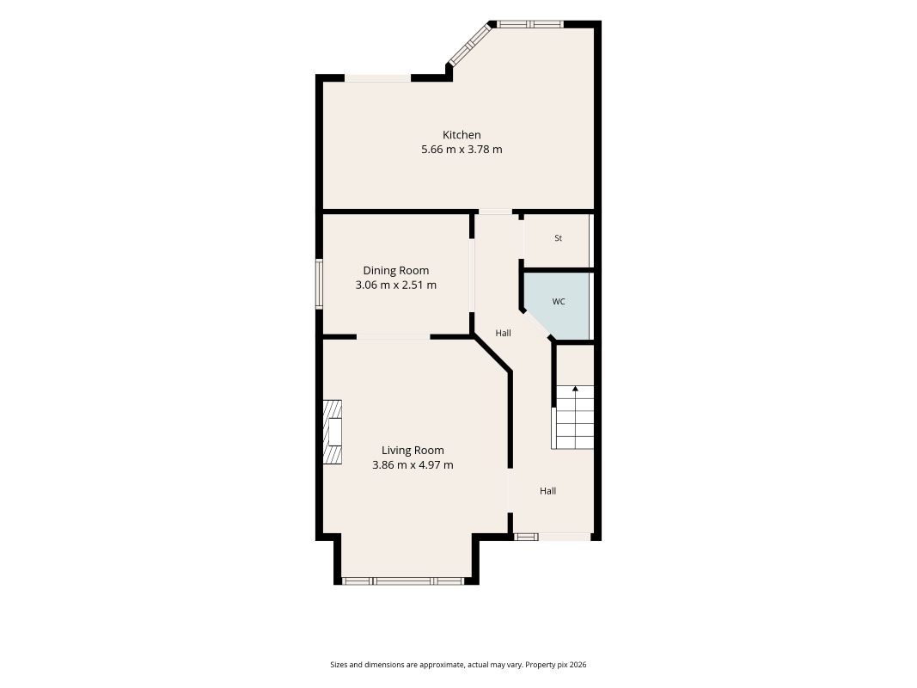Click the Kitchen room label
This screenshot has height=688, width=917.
tap(462, 135)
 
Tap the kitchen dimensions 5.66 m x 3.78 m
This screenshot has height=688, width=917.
tap(462, 149)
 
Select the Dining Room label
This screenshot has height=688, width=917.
tap(396, 271)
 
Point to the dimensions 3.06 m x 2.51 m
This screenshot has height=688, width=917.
tap(396, 285)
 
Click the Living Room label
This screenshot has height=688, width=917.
tap(413, 451)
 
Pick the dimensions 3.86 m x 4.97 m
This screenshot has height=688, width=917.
tap(413, 465)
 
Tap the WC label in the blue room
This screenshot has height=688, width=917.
tap(559, 302)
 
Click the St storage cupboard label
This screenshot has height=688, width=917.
tap(558, 238)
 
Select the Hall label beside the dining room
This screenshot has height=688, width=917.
tap(503, 333)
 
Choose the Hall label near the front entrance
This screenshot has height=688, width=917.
tap(548, 491)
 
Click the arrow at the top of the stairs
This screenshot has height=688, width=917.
tap(575, 389)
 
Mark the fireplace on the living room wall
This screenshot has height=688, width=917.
tap(333, 433)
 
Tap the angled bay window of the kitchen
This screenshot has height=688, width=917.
tap(469, 43)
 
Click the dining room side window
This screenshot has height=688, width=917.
tap(319, 284)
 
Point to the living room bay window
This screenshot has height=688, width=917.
tap(403, 581)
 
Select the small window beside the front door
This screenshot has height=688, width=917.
tap(526, 537)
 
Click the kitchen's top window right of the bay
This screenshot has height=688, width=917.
tap(530, 24)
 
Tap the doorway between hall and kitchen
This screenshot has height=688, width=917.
tap(495, 212)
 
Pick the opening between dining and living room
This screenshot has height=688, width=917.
tap(394, 337)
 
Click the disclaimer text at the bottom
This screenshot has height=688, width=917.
tap(459, 665)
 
